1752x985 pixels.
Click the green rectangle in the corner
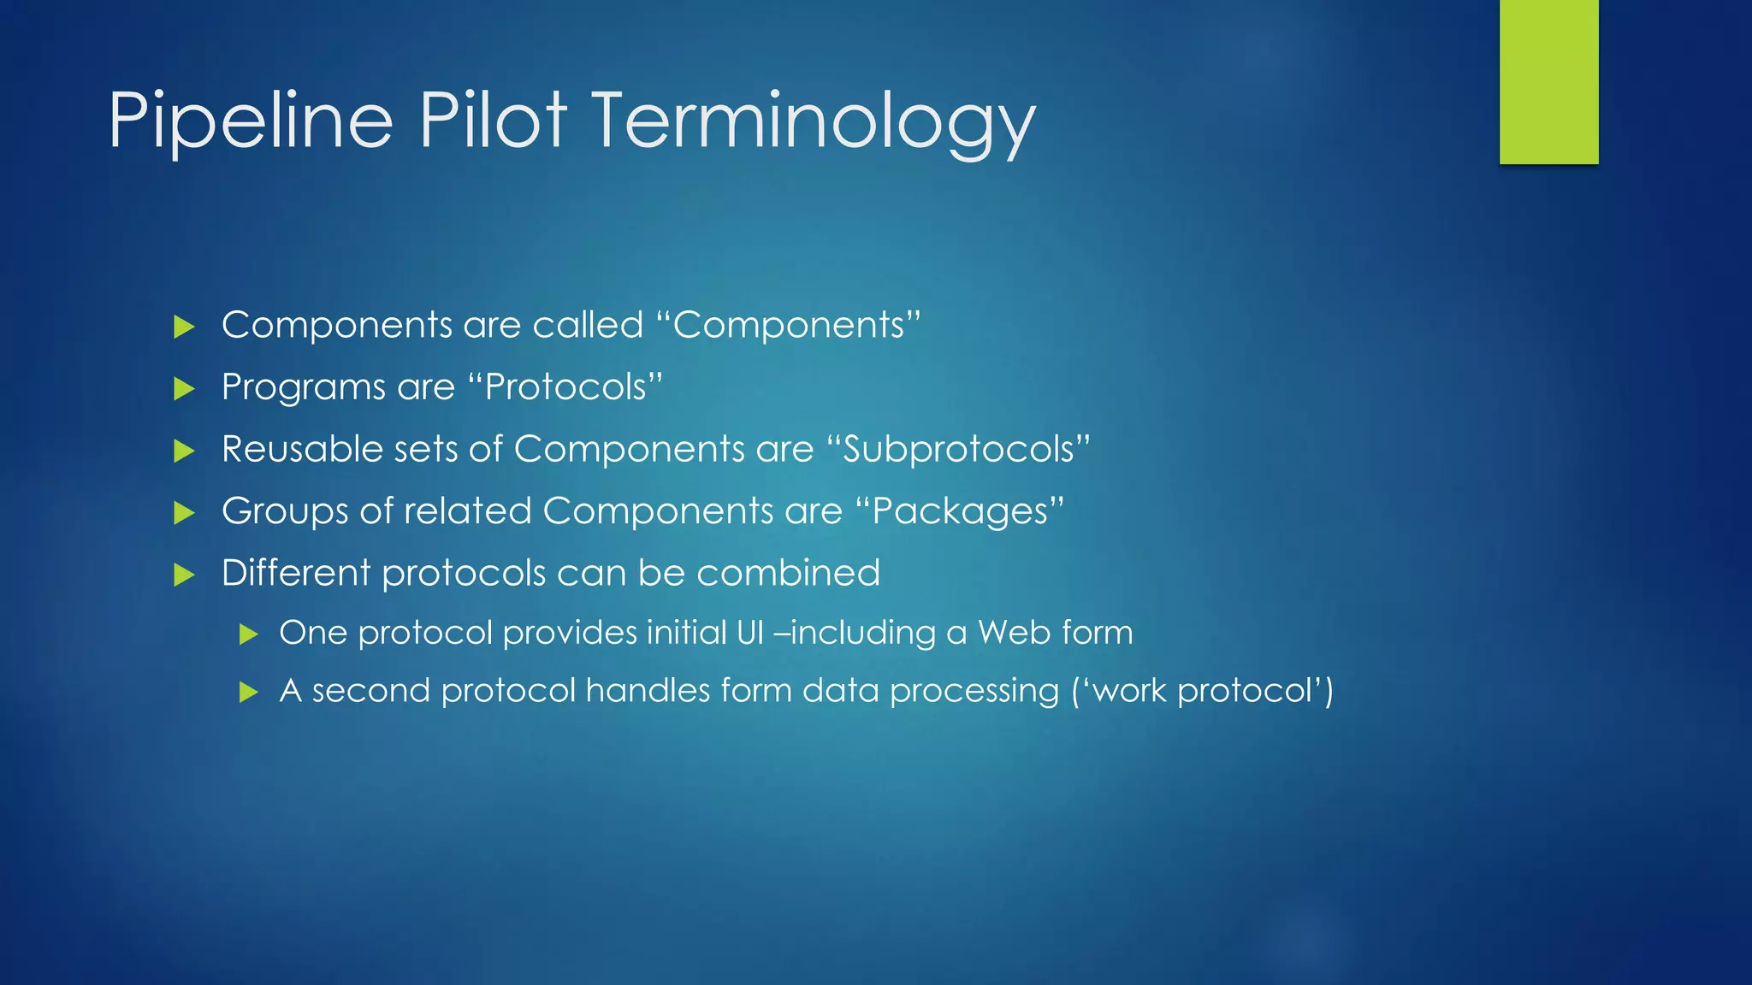1548,81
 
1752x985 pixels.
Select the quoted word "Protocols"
565,387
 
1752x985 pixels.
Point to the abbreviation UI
749,633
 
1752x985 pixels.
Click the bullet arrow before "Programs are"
184,389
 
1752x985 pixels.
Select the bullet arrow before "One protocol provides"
249,634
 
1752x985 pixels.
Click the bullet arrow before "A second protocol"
249,692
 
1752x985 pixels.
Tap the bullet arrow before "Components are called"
184,327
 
